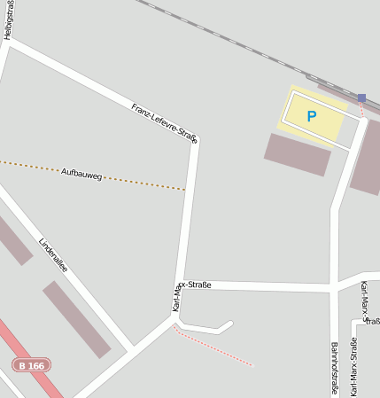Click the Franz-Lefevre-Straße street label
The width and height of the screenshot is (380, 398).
(164, 121)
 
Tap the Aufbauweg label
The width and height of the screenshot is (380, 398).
(82, 174)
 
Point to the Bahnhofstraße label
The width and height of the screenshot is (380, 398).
(336, 368)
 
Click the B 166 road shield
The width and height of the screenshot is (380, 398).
(32, 365)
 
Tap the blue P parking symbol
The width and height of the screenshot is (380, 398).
(312, 116)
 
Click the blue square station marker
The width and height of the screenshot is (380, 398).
(361, 98)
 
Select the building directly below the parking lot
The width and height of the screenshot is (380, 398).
(298, 154)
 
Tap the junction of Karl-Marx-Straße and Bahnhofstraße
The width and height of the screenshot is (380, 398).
(334, 287)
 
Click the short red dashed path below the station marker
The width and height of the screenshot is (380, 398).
(361, 110)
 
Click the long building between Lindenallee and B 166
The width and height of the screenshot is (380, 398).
(76, 319)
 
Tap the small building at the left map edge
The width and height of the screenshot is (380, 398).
(14, 239)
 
